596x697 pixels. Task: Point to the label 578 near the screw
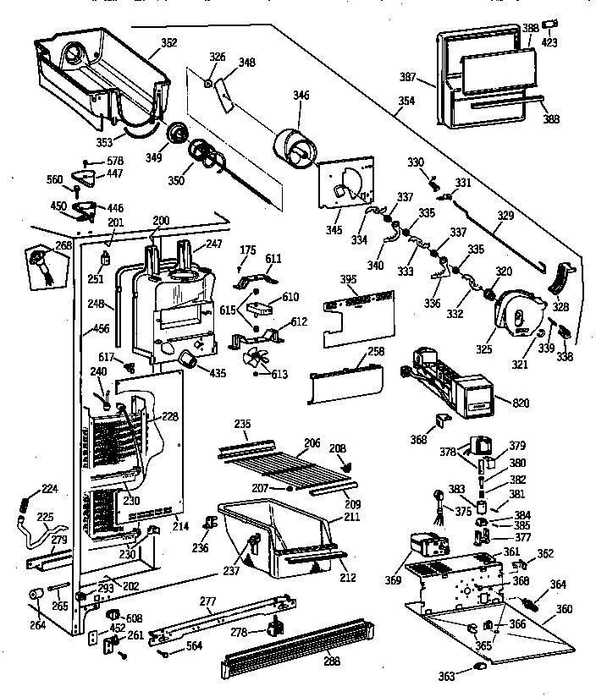pos(115,162)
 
